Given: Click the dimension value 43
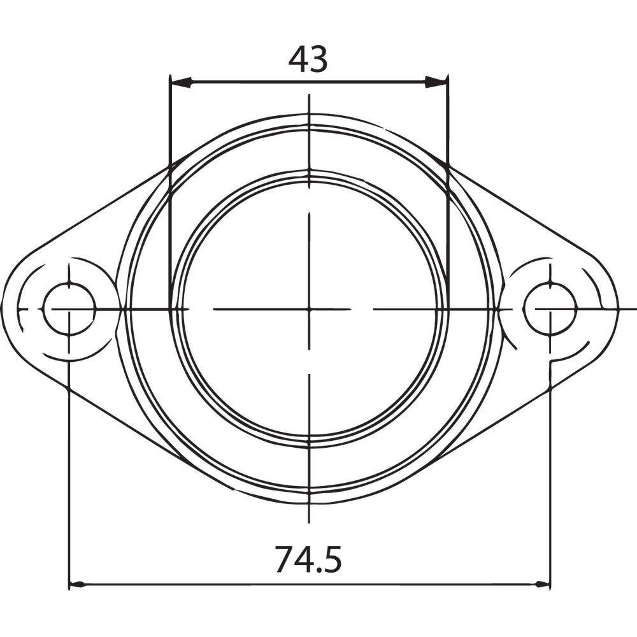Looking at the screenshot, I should pos(308,59).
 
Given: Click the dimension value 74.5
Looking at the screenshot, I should pos(308,560).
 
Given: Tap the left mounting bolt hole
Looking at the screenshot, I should pos(69,309).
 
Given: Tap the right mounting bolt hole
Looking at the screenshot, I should pos(549,309).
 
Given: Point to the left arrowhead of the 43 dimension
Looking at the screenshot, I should pos(181,82).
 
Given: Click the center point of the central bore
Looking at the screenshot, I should pos(309,309).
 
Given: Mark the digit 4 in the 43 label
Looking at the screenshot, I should pos(298,59).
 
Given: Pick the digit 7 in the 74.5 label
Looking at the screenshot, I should pos(285,560).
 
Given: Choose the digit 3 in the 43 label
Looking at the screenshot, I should pos(318,59).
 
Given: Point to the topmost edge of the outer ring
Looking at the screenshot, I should pos(309,115).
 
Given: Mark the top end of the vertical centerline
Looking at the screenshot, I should pos(309,95).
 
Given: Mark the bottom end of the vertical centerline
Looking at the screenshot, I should pos(309,523).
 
